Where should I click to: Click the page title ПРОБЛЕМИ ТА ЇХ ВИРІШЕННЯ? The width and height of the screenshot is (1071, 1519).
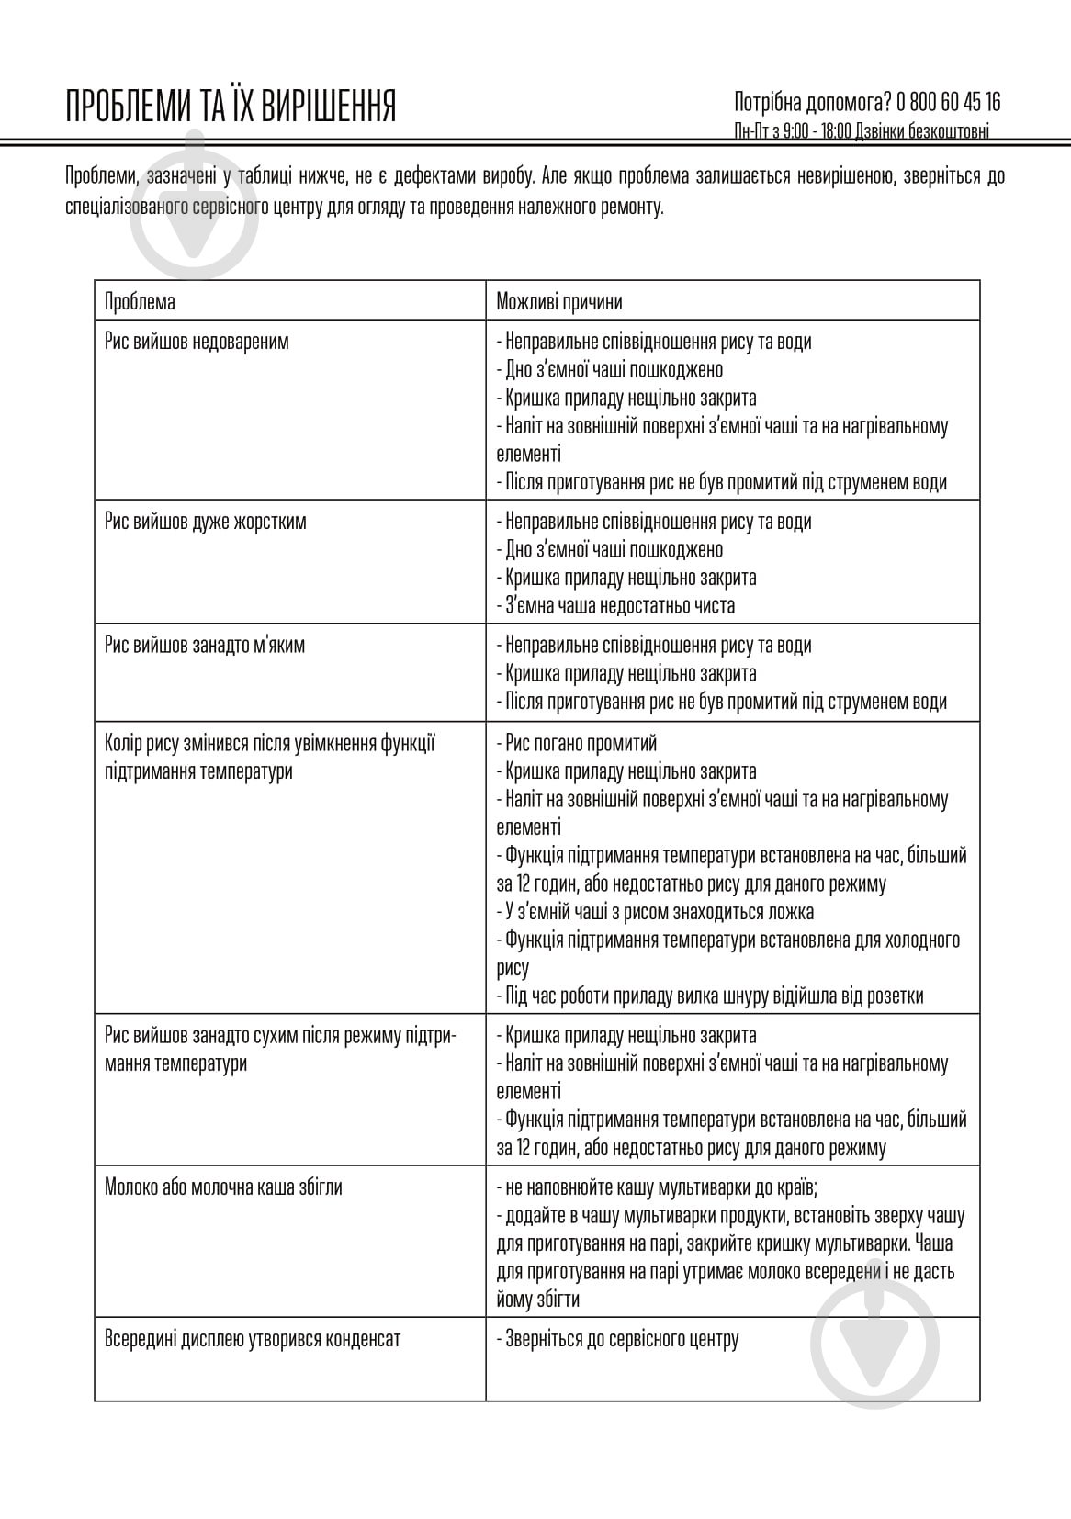point(231,107)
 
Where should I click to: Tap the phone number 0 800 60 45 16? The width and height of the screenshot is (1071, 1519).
point(949,101)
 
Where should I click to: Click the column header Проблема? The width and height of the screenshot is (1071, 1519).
point(140,301)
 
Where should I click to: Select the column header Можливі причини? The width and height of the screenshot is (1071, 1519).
point(558,301)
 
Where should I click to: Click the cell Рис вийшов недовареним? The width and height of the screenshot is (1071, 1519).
point(197,342)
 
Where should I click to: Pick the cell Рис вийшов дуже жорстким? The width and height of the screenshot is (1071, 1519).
point(206,522)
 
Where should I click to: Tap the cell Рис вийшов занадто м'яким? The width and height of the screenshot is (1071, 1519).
point(205,645)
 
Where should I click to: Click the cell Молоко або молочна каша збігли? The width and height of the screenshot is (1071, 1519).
point(223,1187)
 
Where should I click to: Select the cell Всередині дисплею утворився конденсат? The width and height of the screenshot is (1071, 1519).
point(253,1338)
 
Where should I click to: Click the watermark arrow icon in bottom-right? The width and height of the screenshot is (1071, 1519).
point(874,1341)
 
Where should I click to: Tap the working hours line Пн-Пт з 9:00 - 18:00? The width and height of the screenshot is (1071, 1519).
point(862,132)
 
